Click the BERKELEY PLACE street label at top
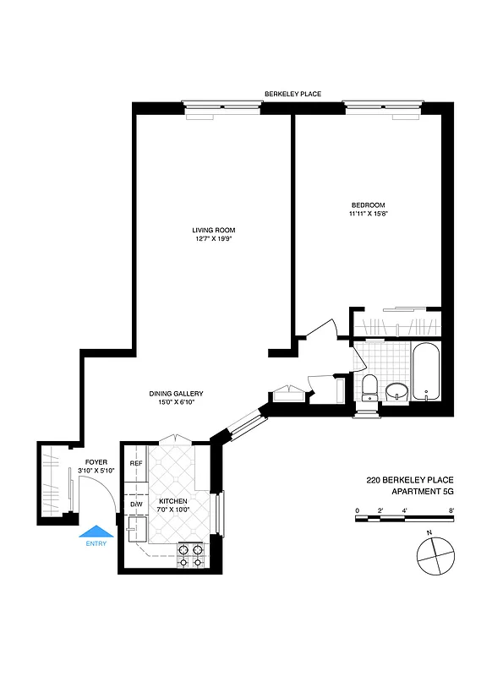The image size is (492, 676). [x=292, y=94]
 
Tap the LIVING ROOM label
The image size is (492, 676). [x=213, y=230]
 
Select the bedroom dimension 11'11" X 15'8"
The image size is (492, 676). [x=369, y=214]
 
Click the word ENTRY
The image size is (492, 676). [x=96, y=543]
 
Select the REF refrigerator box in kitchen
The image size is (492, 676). [x=135, y=464]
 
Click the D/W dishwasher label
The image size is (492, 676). [x=135, y=504]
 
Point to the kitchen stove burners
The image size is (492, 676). [x=191, y=555]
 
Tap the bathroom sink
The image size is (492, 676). [x=396, y=392]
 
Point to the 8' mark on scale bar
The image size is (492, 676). [x=452, y=510]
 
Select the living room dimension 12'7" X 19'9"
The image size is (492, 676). [x=213, y=239]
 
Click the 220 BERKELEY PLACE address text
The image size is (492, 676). [x=409, y=479]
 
